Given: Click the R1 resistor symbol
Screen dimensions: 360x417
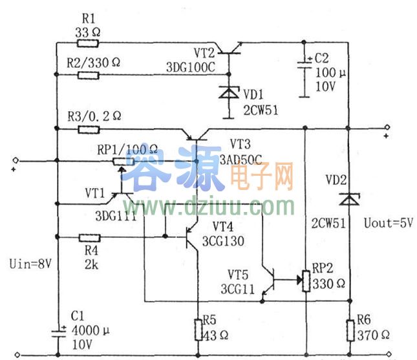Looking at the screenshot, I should pos(88,44).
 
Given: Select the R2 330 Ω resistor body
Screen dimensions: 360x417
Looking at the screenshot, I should pos(88,75).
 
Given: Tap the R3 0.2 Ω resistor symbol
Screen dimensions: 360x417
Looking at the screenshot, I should pos(88,129).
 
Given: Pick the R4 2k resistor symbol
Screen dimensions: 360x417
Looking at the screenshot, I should pos(88,237).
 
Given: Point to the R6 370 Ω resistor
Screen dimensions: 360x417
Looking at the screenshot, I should pos(350,330).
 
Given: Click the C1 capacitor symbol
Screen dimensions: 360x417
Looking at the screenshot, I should pos(58,331).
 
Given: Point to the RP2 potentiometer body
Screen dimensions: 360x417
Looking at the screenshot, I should pos(303,280).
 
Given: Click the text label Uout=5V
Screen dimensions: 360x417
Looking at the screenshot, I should pos(388,223).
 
